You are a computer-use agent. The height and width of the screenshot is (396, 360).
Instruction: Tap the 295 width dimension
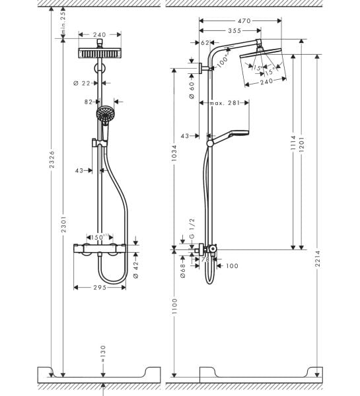pyautogui.click(x=100, y=287)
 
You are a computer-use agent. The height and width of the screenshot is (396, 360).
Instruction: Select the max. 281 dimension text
pyautogui.click(x=225, y=103)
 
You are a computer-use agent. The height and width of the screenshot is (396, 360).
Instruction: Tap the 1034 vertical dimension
pyautogui.click(x=174, y=158)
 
